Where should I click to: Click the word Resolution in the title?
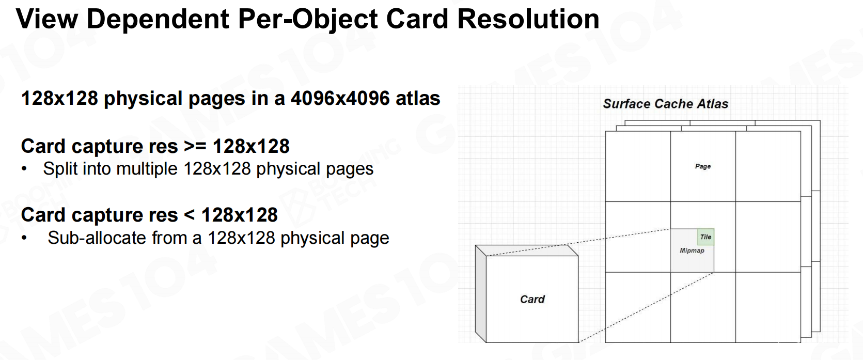point(528,19)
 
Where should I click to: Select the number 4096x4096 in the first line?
point(340,98)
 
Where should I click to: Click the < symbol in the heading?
point(189,215)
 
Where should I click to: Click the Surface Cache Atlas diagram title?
point(666,104)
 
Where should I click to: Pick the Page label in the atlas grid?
point(703,166)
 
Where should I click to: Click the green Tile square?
point(705,237)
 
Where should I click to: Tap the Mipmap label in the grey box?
point(692,251)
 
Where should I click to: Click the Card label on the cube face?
point(532,299)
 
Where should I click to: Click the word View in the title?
point(47,19)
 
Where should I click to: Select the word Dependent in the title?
point(158,19)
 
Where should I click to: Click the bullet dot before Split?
point(24,169)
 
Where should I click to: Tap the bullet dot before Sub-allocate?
point(24,239)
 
